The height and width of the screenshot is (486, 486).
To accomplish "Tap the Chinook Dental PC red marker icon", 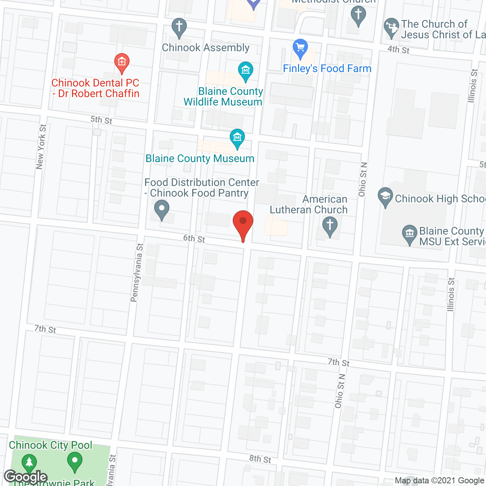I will point(122,62).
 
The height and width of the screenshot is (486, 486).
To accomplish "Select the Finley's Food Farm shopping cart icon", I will point(300,48).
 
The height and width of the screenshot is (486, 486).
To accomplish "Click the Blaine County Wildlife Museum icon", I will point(246,71).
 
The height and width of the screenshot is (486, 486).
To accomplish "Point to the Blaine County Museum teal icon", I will point(237,138).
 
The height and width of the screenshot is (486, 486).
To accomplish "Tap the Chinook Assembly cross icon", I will point(179,27).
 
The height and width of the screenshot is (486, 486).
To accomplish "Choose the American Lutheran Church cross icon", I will point(330,226).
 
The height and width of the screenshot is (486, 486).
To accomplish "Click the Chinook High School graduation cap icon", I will point(385,197).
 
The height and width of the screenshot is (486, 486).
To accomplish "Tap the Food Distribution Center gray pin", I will point(162,210).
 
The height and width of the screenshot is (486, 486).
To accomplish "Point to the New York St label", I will point(41,147).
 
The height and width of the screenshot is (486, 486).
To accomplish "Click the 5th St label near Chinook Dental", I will point(101,120).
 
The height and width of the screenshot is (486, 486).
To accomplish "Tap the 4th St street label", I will point(398,50).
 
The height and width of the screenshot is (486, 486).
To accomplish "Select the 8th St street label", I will point(260,459).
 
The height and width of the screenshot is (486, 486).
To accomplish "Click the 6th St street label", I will point(194,238).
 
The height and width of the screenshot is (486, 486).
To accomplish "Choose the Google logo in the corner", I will point(25,477).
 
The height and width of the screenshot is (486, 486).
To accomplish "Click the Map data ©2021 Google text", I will point(440,481).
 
